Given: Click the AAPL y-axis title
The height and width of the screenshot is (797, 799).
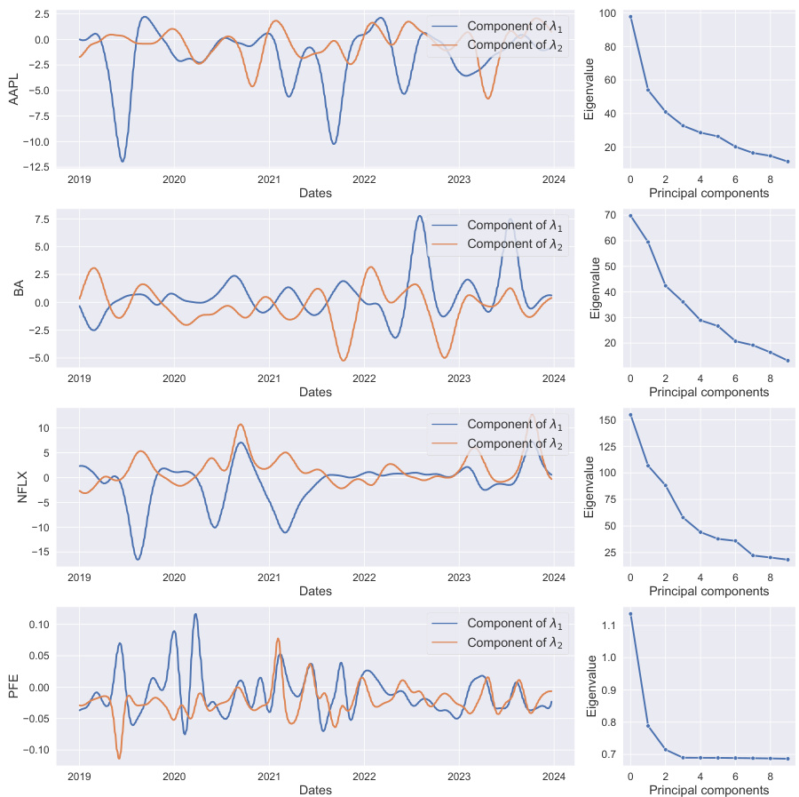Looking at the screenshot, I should coord(14,89).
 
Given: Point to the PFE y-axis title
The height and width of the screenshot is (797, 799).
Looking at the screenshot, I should coord(14,686).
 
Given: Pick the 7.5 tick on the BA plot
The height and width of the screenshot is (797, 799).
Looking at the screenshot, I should coord(41,219).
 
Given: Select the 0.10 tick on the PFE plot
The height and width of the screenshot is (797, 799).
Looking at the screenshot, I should coord(37,625).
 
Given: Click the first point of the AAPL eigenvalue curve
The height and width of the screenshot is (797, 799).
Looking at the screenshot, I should coord(630,17).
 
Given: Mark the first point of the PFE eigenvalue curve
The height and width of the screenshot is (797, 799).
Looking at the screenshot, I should coord(630,614).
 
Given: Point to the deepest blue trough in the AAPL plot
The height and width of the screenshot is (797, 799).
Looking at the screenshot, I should coord(123,161).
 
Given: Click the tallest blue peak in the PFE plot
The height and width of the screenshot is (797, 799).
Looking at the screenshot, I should coord(195,614).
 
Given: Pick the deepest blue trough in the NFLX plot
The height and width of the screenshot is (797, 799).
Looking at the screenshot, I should coord(138,559).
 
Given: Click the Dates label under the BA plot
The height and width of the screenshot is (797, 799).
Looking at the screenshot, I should coord(315,392).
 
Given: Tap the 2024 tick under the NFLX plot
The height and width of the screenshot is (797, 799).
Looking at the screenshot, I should coord(553,577).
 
